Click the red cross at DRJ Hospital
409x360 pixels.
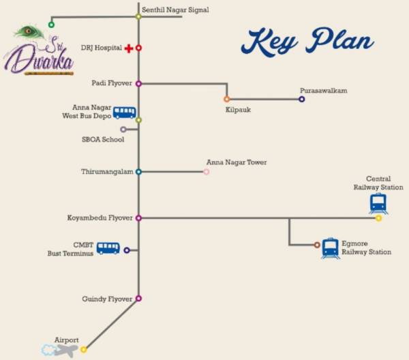[x=128, y=48]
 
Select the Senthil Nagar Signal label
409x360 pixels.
[x=175, y=10]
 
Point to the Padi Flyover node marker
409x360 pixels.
[x=138, y=84]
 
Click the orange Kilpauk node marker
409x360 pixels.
[x=227, y=99]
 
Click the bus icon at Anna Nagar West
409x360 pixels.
[x=124, y=112]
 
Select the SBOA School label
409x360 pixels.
[x=103, y=140]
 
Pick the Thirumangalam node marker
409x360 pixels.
[x=138, y=172]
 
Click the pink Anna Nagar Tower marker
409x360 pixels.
[x=207, y=172]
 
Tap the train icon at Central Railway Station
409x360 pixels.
[x=378, y=202]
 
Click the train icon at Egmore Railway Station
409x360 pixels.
[x=331, y=247]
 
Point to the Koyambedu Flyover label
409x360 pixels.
[x=100, y=218]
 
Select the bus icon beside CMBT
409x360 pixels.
[x=108, y=248]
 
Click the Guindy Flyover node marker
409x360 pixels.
[x=138, y=299]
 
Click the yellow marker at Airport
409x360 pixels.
[x=84, y=350]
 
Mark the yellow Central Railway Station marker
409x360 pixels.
[x=378, y=218]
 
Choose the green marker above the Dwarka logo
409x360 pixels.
[x=51, y=25]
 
